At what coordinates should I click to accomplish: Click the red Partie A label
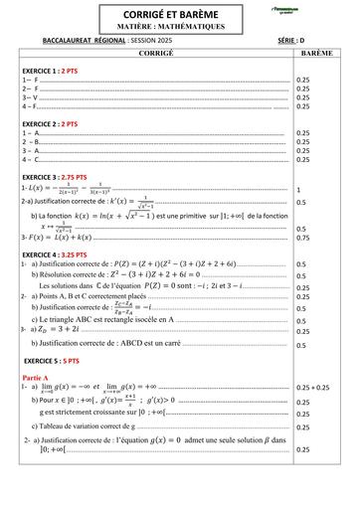[x=41, y=379]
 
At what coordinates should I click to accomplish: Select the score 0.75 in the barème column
[x=303, y=238]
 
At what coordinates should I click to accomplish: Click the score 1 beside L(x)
[x=299, y=189]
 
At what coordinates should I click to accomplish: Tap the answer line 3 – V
[x=30, y=98]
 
